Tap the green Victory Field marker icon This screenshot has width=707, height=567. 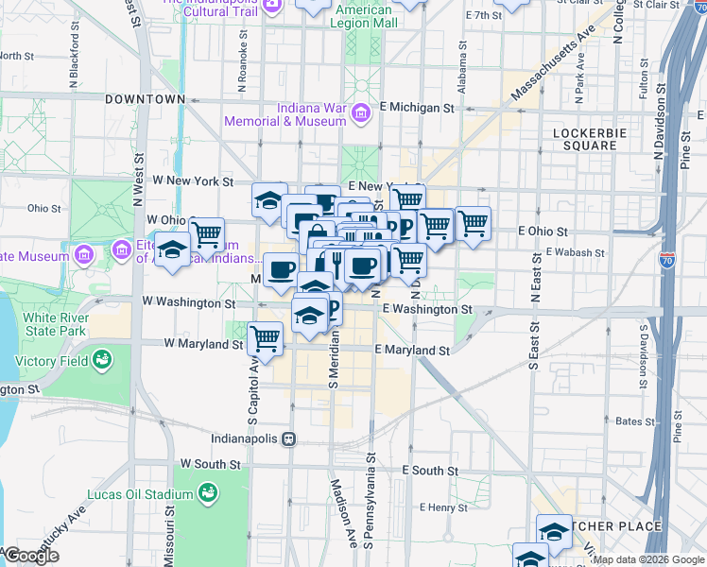point(102,359)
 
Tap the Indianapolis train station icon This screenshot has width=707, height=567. point(290,439)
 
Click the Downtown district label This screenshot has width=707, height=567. point(145,98)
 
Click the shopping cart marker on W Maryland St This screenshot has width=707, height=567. point(266,338)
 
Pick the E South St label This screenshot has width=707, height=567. point(430,470)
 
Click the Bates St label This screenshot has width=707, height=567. point(629,422)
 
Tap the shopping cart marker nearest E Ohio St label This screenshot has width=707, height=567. point(473,224)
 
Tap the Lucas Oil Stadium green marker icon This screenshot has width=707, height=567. point(206,492)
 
